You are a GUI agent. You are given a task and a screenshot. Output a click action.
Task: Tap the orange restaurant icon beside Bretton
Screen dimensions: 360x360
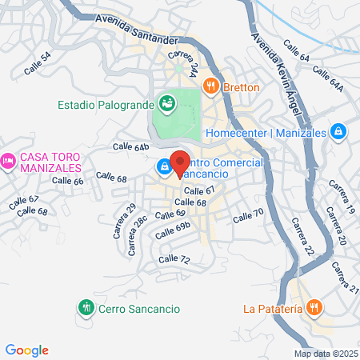tap(211, 84)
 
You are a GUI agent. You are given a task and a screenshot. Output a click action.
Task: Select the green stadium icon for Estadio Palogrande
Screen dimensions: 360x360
tap(167, 102)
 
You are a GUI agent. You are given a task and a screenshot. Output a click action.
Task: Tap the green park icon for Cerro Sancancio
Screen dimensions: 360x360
tap(86, 306)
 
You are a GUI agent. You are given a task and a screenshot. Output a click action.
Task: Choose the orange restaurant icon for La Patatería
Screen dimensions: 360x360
tap(314, 306)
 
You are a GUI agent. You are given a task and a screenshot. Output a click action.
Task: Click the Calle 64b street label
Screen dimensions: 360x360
tap(131, 147)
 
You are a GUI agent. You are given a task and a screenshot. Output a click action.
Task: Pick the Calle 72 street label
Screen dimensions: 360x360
tap(174, 259)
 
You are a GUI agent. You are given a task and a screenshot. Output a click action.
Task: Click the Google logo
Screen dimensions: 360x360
tap(26, 350)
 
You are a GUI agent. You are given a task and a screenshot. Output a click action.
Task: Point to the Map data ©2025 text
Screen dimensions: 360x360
tap(326, 354)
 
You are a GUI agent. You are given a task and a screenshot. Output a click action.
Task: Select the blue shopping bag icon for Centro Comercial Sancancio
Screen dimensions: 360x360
tap(164, 166)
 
